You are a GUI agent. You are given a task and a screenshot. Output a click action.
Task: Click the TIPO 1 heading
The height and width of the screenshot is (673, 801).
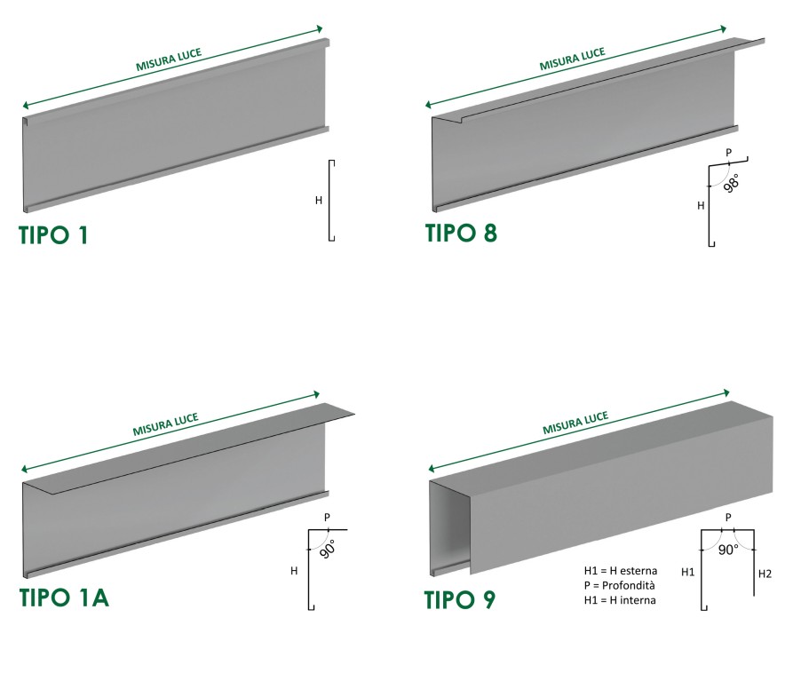[x=53, y=235]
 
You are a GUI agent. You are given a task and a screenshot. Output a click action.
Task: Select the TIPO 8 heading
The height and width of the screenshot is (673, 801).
[x=461, y=233]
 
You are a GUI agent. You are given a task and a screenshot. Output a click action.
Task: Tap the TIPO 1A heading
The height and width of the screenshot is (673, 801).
[x=64, y=598]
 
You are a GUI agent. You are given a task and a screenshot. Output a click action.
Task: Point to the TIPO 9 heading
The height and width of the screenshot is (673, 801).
[x=460, y=599]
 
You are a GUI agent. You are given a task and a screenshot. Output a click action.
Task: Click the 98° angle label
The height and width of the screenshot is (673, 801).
[x=732, y=183]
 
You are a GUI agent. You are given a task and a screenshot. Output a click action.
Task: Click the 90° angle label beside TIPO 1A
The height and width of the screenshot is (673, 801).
[x=328, y=549]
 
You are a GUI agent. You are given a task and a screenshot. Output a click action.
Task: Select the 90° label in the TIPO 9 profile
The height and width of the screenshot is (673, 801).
[x=728, y=550]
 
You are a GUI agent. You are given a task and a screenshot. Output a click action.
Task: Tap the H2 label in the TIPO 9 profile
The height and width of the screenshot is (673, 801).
[x=765, y=574]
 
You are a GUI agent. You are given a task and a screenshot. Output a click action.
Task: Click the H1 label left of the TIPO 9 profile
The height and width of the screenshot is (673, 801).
[x=687, y=572]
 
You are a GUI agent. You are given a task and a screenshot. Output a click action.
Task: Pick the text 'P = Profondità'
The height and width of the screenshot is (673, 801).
[x=619, y=585]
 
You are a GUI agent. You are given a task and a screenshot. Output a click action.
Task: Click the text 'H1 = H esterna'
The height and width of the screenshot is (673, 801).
[x=621, y=571]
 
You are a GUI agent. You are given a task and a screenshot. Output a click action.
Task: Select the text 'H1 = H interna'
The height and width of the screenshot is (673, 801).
[x=620, y=600]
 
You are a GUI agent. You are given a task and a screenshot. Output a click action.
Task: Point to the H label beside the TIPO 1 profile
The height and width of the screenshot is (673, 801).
[x=319, y=200]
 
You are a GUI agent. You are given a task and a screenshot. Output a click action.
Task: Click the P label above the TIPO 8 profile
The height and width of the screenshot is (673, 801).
[x=728, y=152]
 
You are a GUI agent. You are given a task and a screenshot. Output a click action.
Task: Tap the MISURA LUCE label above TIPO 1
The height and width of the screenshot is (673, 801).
[x=169, y=59]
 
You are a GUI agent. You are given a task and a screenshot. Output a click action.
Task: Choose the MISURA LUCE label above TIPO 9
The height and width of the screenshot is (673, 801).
[x=575, y=423]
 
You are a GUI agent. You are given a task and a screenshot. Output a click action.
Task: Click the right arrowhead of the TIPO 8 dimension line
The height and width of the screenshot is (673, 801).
[x=724, y=29]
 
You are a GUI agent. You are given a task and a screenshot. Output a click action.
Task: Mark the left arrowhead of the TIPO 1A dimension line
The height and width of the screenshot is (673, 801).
[x=25, y=470]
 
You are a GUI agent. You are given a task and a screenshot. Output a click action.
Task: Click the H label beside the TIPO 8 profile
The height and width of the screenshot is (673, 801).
[x=701, y=205]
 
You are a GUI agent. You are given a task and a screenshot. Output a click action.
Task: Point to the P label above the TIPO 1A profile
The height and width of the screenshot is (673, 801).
[x=327, y=518]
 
